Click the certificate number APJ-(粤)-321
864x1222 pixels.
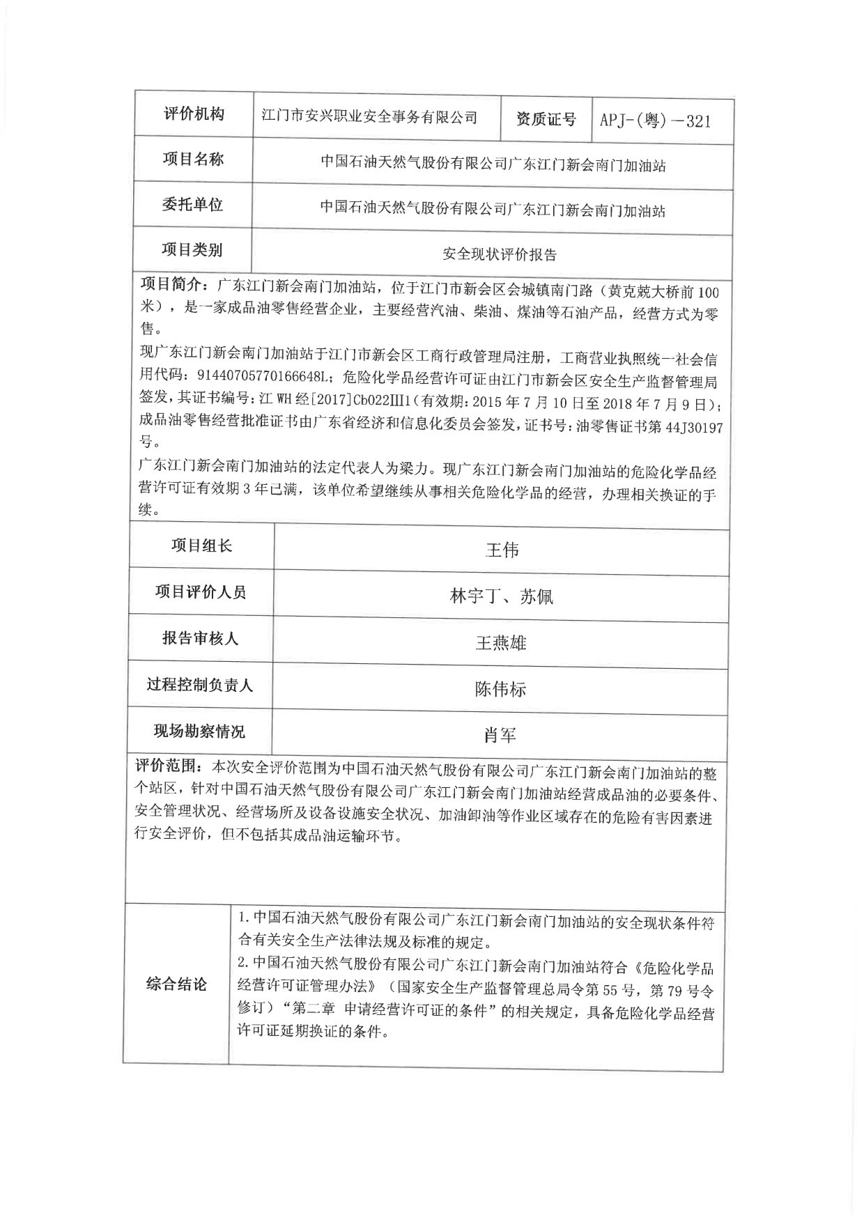coord(655,121)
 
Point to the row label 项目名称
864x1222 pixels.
coord(193,160)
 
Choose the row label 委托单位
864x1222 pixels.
coord(192,205)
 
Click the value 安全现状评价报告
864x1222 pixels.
coord(500,255)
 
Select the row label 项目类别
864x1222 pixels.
coord(192,249)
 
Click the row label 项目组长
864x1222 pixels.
coord(201,546)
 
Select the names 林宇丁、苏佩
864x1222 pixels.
coord(501,597)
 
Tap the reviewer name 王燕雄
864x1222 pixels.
coord(500,643)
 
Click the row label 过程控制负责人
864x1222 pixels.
coord(200,685)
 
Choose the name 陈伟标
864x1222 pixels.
coord(500,690)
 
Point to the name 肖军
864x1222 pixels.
coord(500,736)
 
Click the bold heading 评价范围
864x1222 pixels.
coord(165,766)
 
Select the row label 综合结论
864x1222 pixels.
coord(176,984)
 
